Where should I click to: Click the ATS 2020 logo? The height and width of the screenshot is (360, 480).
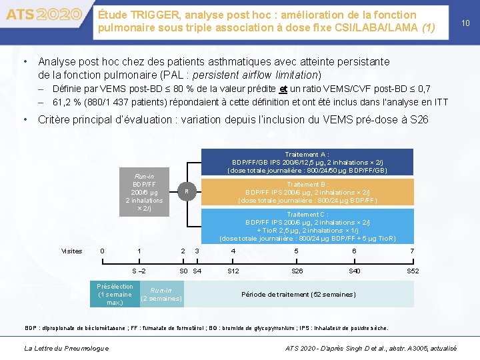point(43,14)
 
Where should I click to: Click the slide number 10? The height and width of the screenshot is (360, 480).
point(465,23)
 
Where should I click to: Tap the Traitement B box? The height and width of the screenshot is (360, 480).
point(307,192)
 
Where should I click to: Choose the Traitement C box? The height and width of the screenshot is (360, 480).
point(307,226)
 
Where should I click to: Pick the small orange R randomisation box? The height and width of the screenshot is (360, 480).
point(187,192)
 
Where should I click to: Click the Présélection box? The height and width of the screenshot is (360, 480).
point(114,294)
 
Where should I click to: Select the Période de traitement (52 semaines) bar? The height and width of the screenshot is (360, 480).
point(298,294)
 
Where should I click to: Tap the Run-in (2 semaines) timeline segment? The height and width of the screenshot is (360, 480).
point(161,294)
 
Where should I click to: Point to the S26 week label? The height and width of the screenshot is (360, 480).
point(297,271)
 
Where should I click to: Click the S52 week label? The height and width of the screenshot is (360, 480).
point(413,271)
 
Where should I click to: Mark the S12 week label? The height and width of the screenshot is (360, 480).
point(233,271)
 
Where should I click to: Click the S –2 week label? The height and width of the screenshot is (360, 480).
point(139,271)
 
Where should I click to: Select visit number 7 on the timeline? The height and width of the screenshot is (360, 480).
point(412,251)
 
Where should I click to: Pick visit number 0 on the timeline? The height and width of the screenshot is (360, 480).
point(101,251)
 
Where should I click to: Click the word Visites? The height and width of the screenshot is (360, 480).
point(71,251)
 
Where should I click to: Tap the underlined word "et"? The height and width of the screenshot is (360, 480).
point(283,89)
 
